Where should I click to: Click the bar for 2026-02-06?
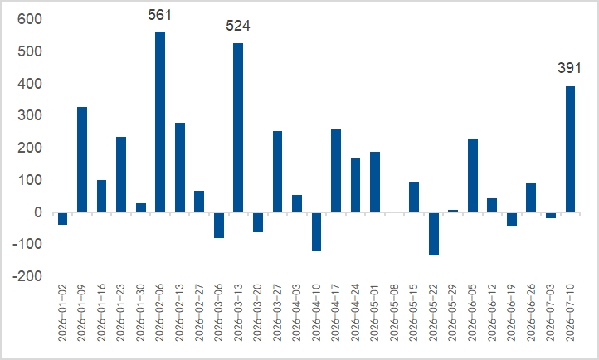tap(160, 121)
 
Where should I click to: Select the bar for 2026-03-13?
tap(238, 128)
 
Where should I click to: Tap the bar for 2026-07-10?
tap(570, 148)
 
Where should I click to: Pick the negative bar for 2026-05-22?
tap(434, 234)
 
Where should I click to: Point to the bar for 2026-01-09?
tap(82, 159)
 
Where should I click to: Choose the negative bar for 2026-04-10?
tap(316, 231)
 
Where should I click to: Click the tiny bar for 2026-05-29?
tap(453, 211)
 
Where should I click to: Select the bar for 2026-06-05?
tap(473, 175)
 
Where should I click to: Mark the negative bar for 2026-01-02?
tap(63, 218)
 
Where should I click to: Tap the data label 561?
tap(159, 15)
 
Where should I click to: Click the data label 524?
tap(238, 26)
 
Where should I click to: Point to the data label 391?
tap(569, 68)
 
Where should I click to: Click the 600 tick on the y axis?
tap(29, 19)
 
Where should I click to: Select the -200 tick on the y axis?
tap(27, 275)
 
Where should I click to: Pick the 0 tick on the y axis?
tap(38, 212)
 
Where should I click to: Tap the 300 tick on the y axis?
tap(29, 115)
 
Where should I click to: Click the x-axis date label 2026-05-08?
tap(395, 312)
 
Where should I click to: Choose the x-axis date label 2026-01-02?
tap(63, 312)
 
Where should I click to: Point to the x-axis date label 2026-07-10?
tap(570, 312)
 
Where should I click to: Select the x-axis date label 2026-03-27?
tap(277, 312)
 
